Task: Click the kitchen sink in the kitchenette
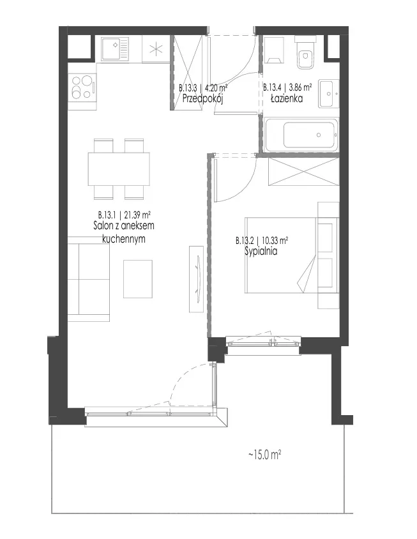point(115,49)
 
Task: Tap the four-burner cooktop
point(82,87)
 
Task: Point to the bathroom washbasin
point(328,93)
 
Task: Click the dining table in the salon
point(119,169)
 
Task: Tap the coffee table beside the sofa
point(138,279)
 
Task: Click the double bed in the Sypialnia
point(292,255)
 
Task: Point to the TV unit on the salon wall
point(196,279)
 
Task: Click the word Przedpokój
point(203,99)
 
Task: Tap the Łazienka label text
point(287,99)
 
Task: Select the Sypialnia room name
point(261,251)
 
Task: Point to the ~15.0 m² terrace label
point(265,455)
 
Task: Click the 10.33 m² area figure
point(275,240)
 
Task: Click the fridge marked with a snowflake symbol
point(156,49)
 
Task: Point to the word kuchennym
point(124,239)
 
